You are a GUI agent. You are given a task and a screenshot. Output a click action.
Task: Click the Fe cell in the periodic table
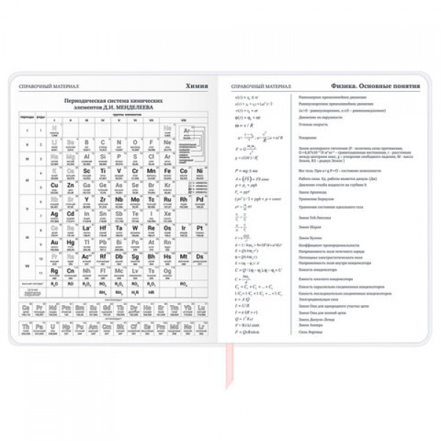coord(168,171)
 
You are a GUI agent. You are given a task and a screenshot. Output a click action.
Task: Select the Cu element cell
coord(54,185)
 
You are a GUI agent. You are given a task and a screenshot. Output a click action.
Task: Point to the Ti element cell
coord(103,171)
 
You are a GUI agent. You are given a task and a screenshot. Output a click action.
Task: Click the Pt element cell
coord(200,228)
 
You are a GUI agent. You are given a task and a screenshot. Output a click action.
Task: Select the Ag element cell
coord(54,213)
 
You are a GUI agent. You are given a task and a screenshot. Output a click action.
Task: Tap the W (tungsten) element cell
coord(135,228)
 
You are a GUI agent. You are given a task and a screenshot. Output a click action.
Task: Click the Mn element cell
coord(151,171)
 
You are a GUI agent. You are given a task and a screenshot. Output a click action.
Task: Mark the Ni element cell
coord(200,171)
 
